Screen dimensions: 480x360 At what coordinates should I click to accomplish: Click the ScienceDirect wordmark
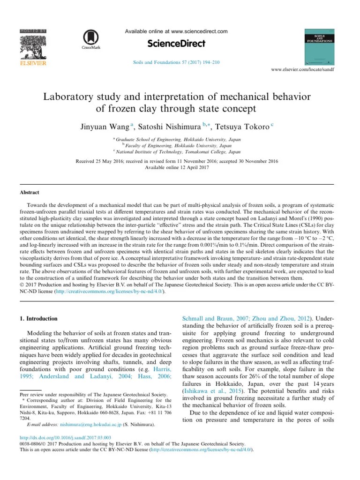(x=176, y=44)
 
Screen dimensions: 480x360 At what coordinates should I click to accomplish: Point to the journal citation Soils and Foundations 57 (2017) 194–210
(x=176, y=62)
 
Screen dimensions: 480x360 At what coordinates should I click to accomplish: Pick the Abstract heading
(x=29, y=193)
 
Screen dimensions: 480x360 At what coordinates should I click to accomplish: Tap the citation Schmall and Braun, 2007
(x=211, y=318)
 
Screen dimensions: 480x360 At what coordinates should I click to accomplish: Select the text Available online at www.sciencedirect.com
(x=176, y=31)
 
